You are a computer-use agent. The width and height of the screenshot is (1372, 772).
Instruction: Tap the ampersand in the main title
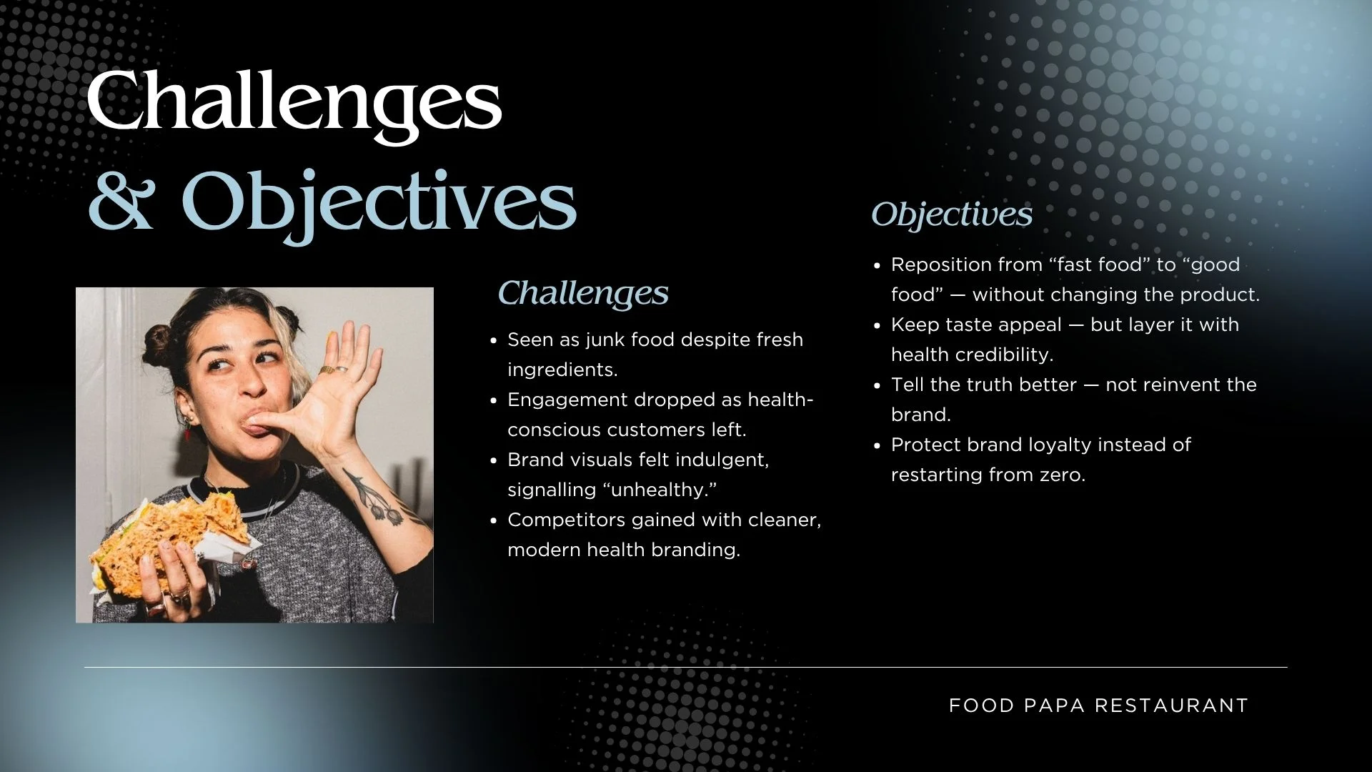121,202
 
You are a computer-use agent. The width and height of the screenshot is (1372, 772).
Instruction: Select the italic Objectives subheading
952,215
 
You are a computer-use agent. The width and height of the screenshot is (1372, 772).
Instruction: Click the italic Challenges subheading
583,293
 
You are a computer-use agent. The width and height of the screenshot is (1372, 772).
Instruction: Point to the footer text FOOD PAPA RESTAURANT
1098,706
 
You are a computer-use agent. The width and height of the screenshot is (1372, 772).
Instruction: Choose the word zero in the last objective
1063,475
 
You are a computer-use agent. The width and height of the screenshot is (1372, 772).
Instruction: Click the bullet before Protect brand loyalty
878,446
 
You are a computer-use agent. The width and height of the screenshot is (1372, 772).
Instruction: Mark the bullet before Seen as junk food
494,341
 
